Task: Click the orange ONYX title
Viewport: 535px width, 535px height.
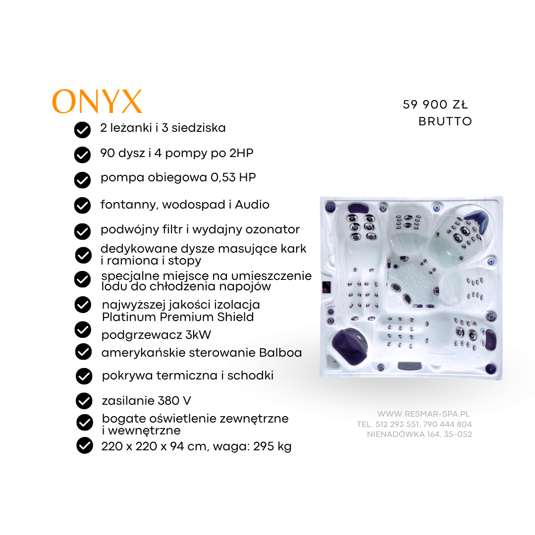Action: coord(97,102)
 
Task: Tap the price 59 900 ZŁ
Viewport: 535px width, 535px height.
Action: coord(435,105)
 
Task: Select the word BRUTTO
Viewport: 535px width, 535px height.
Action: coord(445,121)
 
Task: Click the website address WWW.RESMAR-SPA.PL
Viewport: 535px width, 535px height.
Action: coord(424,414)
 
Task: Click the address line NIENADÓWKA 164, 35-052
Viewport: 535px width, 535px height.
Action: coord(420,434)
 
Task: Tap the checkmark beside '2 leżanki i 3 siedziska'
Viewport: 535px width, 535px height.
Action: coord(82,130)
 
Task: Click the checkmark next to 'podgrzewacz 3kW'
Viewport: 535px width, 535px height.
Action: coord(83,329)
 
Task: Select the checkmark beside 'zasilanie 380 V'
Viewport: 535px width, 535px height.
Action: coord(84,401)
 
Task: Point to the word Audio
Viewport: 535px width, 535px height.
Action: coord(252,205)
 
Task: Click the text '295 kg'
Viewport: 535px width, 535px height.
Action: coord(272,446)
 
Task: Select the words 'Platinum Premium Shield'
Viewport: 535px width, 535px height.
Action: coord(178,317)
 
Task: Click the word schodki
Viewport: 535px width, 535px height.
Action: coord(251,375)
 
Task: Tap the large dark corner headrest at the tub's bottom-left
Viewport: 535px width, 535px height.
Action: coord(349,343)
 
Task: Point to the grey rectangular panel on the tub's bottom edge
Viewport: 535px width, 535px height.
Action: coord(410,366)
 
